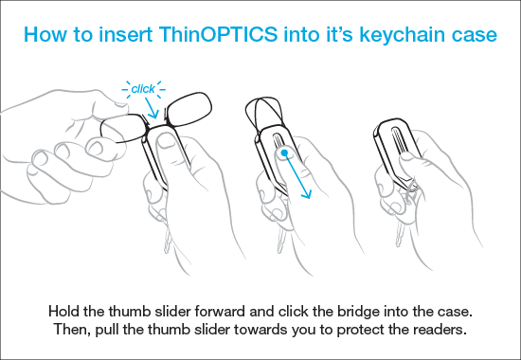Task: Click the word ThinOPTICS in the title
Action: [218, 34]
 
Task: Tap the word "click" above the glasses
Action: [143, 89]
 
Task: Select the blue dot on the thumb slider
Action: [284, 153]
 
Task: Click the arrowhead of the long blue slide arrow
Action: [307, 193]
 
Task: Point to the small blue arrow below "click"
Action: [152, 108]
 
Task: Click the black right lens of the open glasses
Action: [189, 109]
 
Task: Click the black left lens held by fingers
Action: [123, 128]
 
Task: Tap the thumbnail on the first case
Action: [165, 141]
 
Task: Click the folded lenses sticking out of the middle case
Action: [263, 113]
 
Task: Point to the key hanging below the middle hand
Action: [281, 240]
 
